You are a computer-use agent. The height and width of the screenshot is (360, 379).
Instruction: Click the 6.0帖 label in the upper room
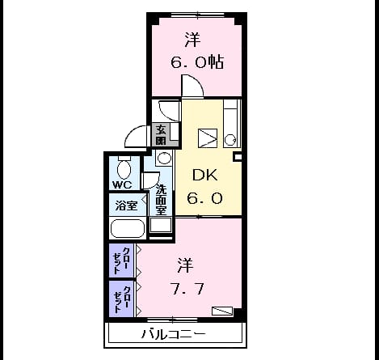pos(197,62)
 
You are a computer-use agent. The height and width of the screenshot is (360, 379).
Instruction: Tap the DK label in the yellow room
pos(205,176)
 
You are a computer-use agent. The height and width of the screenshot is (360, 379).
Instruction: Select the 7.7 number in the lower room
pos(187,289)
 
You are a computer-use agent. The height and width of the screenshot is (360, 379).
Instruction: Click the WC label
pos(122,184)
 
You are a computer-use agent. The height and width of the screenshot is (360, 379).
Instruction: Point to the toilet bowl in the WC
pos(124,170)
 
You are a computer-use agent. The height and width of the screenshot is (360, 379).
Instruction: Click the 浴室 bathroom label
pos(126,205)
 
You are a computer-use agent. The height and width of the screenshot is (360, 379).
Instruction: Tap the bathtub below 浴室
pos(128,228)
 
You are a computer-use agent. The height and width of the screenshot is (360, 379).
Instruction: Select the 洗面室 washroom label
pos(162,200)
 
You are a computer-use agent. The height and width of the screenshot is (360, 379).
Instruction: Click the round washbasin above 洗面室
pos(163,158)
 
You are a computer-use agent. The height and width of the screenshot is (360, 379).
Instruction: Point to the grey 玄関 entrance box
pos(161,134)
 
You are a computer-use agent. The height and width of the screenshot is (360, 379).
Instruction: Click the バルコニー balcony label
pos(174,334)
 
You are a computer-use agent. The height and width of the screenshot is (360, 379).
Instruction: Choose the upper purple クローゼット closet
pos(121,260)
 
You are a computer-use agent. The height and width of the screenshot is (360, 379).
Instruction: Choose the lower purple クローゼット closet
pos(121,299)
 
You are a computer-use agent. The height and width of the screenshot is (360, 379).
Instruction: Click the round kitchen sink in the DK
pos(230,141)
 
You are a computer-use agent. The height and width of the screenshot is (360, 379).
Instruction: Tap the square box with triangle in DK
pos(208,138)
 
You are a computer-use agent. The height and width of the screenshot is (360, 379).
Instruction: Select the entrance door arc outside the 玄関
pos(132,132)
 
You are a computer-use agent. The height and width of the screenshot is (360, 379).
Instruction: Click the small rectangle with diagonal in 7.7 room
pos(222,311)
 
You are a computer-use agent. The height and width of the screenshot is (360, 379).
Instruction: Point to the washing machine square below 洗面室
pos(161,225)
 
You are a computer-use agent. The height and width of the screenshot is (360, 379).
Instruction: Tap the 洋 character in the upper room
pos(192,40)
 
